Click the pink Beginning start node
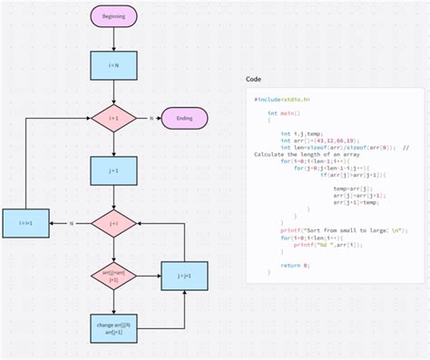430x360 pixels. (x=113, y=16)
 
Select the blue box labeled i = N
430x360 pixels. (x=113, y=64)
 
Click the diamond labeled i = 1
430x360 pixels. (x=113, y=118)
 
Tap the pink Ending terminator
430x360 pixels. (x=185, y=118)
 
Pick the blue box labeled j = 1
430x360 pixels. (x=113, y=170)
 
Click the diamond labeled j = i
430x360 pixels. (x=113, y=222)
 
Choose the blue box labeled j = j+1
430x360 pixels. (x=185, y=275)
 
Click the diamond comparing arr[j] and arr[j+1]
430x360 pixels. (x=113, y=275)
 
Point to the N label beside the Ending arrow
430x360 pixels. (x=151, y=118)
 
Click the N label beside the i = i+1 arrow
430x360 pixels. (x=71, y=222)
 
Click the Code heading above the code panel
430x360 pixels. (x=254, y=79)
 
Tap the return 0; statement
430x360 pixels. (x=295, y=264)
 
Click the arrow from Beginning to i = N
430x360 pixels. (x=113, y=38)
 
